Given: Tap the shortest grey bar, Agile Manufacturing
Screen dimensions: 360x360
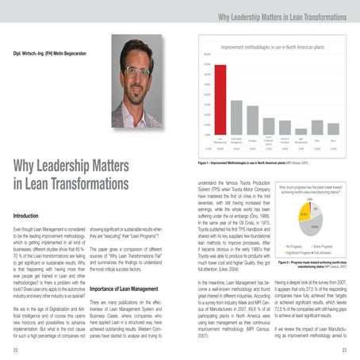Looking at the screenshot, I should pyautogui.click(x=301, y=131).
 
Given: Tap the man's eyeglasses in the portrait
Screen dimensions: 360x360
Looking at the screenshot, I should pyautogui.click(x=139, y=71).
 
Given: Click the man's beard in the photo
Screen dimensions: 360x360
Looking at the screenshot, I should pyautogui.click(x=138, y=94).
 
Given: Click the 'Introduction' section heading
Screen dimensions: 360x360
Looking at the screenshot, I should pyautogui.click(x=29, y=215).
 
